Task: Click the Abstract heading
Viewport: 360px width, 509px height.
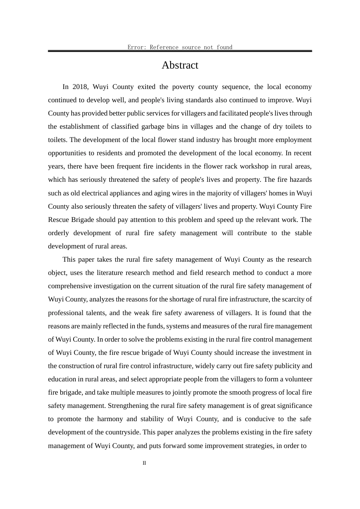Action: point(180,66)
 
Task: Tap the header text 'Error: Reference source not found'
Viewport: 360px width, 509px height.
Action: point(180,47)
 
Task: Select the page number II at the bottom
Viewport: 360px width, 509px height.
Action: point(144,463)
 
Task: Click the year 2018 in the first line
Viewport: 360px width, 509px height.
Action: point(80,87)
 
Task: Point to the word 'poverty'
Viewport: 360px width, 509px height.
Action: point(184,87)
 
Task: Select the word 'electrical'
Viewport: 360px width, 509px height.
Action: point(95,193)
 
